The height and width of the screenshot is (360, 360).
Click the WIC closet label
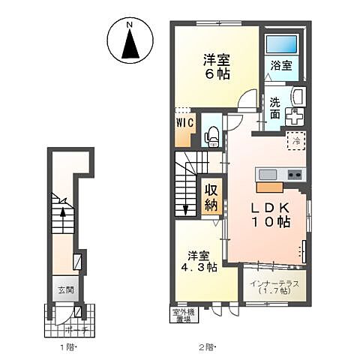185,121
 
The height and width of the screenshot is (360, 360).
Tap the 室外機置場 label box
178,314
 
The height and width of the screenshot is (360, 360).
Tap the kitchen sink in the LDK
268,175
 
